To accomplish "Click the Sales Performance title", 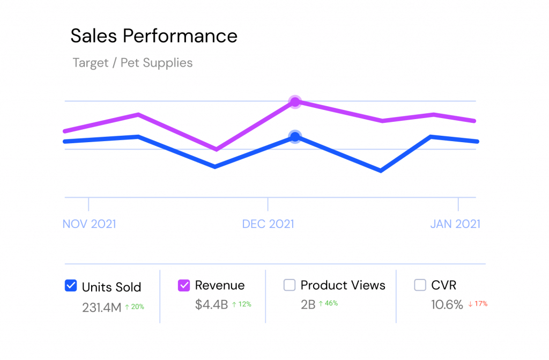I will (154, 36).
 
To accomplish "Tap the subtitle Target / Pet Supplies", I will (132, 63).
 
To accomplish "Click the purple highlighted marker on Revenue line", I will (295, 101).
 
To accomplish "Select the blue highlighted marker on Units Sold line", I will (295, 136).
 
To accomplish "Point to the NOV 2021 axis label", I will (89, 224).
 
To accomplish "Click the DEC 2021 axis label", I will (268, 224).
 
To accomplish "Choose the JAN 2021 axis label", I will (455, 224).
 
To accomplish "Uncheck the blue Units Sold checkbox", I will (71, 286).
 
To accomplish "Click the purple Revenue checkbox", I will (184, 285).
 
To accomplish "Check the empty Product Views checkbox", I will (290, 285).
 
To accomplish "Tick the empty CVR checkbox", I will (420, 285).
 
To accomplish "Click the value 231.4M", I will (101, 307).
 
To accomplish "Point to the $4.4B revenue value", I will (211, 305).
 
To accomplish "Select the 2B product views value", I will (308, 305).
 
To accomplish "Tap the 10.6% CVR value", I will (447, 305).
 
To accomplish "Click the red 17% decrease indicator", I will (477, 304).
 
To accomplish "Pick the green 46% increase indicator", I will (328, 304).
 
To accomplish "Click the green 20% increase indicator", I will (135, 307).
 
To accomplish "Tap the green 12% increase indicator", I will (241, 304).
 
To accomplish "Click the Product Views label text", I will (343, 285).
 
